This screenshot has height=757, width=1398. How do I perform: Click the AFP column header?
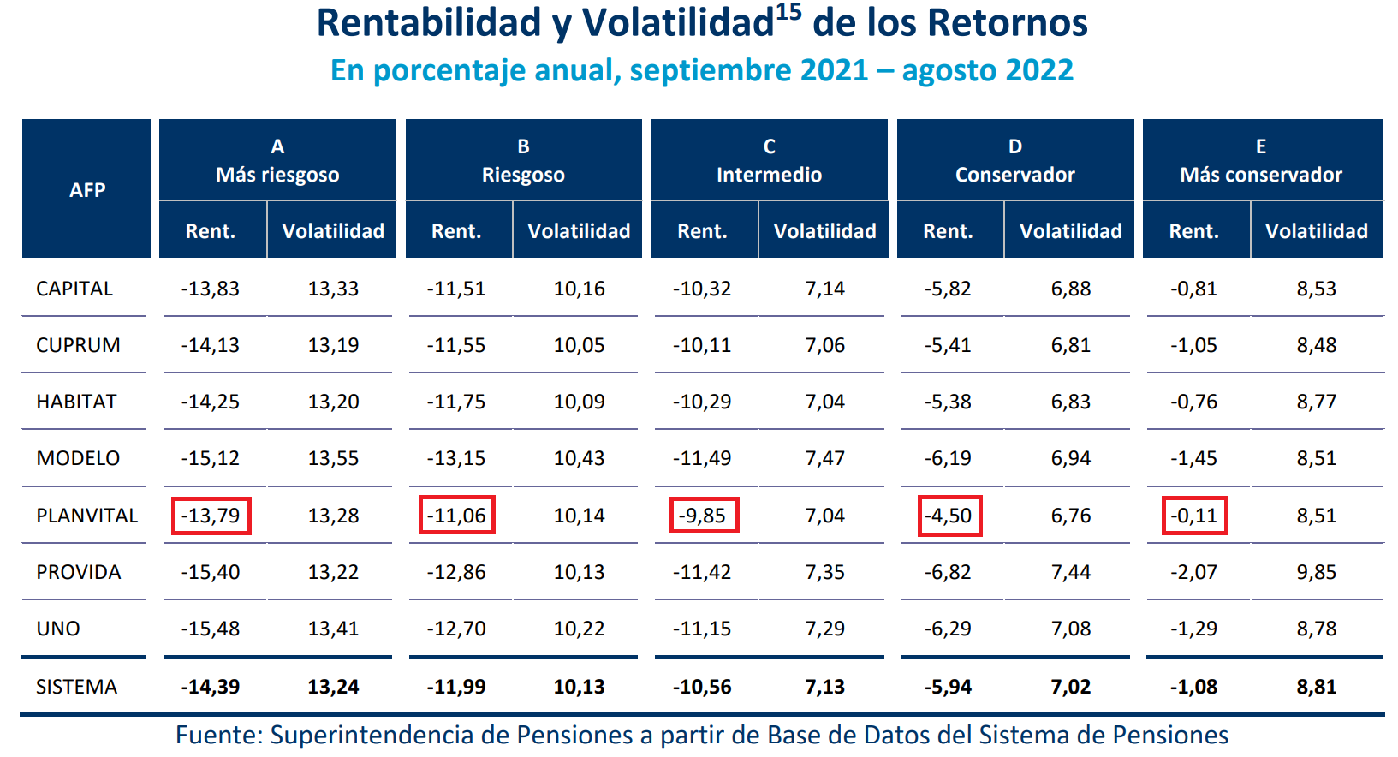point(87,189)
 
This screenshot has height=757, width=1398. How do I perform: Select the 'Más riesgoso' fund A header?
point(277,161)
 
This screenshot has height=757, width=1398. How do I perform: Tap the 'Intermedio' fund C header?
point(769,161)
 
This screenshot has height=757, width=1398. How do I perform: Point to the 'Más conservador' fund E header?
point(1261,161)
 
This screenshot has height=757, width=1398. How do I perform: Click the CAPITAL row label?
point(74,289)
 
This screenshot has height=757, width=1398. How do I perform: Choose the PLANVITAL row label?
point(86,516)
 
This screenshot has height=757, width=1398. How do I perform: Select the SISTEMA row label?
point(76,687)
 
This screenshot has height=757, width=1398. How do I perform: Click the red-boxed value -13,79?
point(211,516)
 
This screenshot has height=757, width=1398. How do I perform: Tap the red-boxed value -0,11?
point(1194,516)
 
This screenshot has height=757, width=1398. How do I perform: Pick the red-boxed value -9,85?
point(703,516)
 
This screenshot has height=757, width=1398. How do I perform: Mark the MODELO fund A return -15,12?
point(211,458)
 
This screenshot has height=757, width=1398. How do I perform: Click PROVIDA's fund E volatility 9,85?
point(1316,572)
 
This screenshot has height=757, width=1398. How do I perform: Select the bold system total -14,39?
point(211,687)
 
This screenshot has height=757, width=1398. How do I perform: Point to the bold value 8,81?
point(1316,687)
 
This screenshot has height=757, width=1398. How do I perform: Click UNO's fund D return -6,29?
point(948,629)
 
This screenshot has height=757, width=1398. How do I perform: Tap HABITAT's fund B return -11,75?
point(456,402)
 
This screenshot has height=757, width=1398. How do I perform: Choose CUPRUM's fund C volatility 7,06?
point(824,345)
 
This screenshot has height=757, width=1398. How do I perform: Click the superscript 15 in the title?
point(788,12)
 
